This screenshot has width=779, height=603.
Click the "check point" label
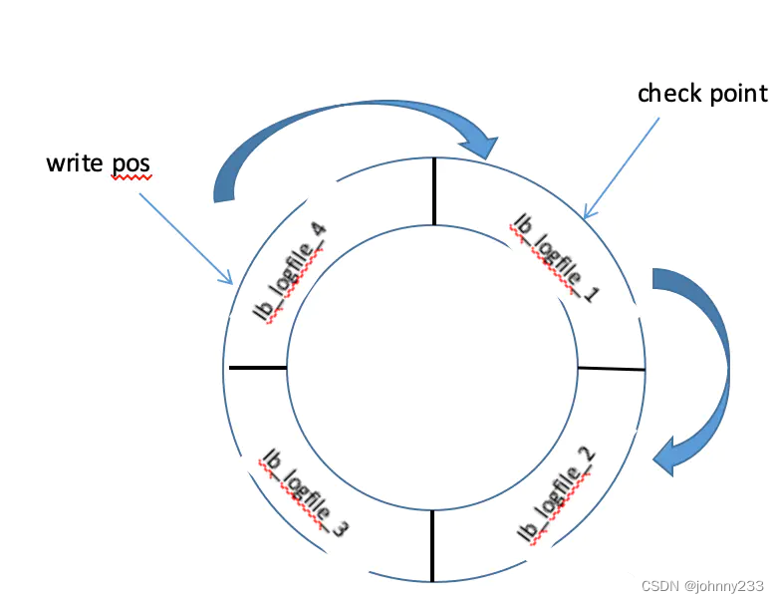[x=702, y=94]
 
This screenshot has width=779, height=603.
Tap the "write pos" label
[x=98, y=162]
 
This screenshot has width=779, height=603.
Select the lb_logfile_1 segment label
[x=552, y=256]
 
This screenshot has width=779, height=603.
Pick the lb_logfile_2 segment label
[x=556, y=497]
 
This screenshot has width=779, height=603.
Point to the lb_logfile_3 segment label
[x=304, y=492]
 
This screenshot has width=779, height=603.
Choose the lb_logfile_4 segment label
[x=291, y=273]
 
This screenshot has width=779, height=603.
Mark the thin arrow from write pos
[x=185, y=237]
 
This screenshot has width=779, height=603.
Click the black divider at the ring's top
[x=433, y=191]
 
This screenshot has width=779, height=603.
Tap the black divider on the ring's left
[x=257, y=368]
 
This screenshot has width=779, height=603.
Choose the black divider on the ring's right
[x=612, y=369]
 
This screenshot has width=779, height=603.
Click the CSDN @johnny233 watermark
[x=702, y=586]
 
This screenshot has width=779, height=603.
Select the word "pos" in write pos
[x=130, y=163]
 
